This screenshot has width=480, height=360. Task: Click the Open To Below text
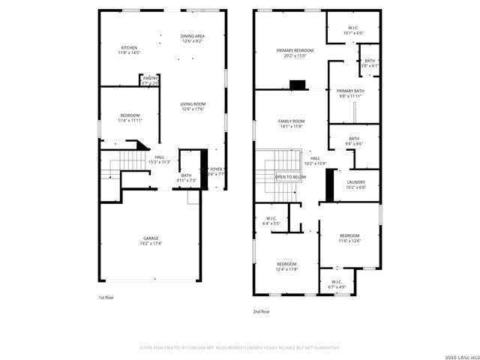(290, 177)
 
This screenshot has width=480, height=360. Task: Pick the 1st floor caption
(106, 298)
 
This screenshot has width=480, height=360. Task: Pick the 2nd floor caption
(262, 311)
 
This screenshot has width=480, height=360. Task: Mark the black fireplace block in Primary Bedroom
(298, 85)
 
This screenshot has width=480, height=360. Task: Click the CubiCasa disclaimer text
(240, 347)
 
